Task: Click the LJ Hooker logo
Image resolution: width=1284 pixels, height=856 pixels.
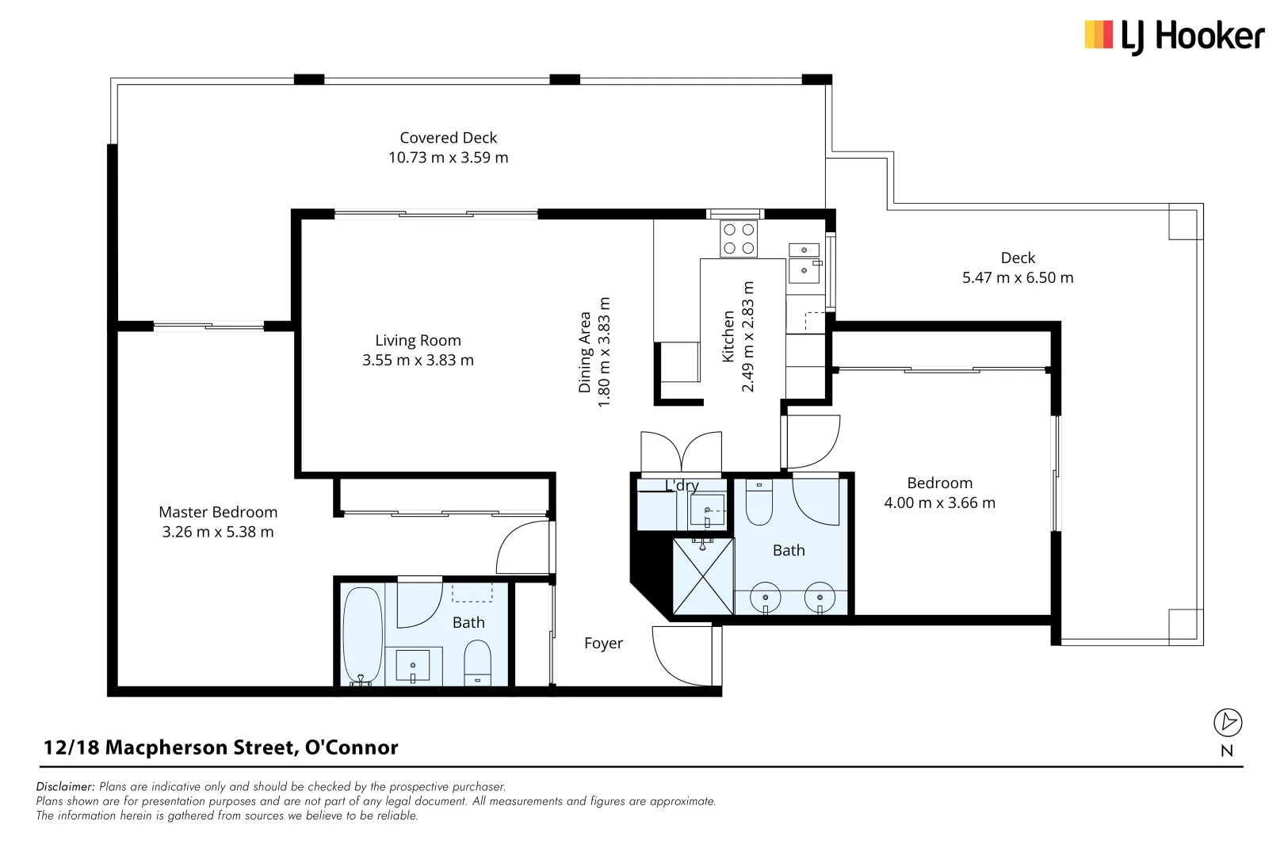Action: coord(1174,36)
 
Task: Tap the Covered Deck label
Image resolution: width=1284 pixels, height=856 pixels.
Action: coord(448,138)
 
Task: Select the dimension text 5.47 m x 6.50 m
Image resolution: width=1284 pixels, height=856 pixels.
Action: coord(1017,278)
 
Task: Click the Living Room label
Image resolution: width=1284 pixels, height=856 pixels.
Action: coord(418,341)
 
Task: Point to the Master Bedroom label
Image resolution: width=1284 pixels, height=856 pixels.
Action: coord(218,513)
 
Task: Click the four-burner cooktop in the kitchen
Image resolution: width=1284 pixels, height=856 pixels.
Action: coord(738,239)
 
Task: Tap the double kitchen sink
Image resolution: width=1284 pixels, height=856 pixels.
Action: coord(804,261)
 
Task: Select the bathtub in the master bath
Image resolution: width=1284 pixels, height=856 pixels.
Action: coord(362,635)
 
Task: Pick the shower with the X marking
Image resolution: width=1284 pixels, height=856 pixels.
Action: coord(702,576)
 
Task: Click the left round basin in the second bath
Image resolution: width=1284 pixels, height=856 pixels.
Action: coord(765,598)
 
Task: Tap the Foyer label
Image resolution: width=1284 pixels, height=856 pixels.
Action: coord(603,644)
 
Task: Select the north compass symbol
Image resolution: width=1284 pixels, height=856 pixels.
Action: coord(1227,723)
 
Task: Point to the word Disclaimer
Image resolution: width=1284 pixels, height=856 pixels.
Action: coord(65,787)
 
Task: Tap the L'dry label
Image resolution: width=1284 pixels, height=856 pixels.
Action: coord(682,485)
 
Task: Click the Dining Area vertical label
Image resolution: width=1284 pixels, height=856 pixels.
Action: coord(585,352)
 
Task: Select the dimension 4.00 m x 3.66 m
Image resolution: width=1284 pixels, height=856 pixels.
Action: coord(939,503)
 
